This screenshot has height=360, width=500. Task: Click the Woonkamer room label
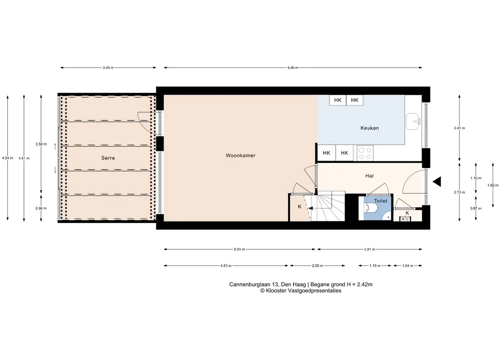pyautogui.click(x=241, y=155)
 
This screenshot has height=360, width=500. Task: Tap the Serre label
pyautogui.click(x=108, y=158)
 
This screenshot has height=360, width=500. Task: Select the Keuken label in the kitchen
pyautogui.click(x=369, y=128)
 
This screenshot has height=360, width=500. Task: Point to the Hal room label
pyautogui.click(x=369, y=176)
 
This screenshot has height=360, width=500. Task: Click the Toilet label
pyautogui.click(x=381, y=201)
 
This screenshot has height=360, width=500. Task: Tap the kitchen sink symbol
pyautogui.click(x=413, y=121)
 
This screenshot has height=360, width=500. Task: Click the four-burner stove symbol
pyautogui.click(x=365, y=153)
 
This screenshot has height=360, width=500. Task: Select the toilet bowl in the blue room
pyautogui.click(x=372, y=208)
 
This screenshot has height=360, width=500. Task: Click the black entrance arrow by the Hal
pyautogui.click(x=437, y=182)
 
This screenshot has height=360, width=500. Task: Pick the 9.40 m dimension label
pyautogui.click(x=293, y=68)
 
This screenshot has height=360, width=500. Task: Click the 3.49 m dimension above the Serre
pyautogui.click(x=108, y=68)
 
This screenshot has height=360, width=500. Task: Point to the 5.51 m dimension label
pyautogui.click(x=239, y=250)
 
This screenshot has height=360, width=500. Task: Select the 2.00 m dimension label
pyautogui.click(x=317, y=266)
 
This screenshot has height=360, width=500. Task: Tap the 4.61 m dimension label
pyautogui.click(x=24, y=158)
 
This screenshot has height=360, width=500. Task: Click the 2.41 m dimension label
pyautogui.click(x=459, y=128)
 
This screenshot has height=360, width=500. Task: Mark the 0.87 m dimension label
pyautogui.click(x=476, y=208)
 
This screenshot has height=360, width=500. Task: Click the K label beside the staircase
pyautogui.click(x=300, y=207)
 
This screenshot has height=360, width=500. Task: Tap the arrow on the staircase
pyautogui.click(x=310, y=209)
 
